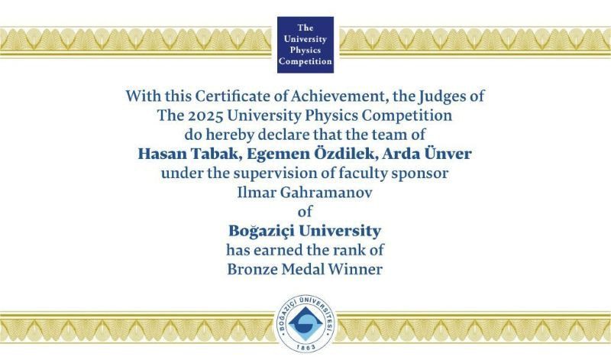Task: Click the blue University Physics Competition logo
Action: pos(305,43)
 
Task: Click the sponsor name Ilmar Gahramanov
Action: pos(305,192)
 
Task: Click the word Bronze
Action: pos(254,268)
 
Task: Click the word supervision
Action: pos(274,173)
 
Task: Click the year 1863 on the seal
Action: pos(305,345)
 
